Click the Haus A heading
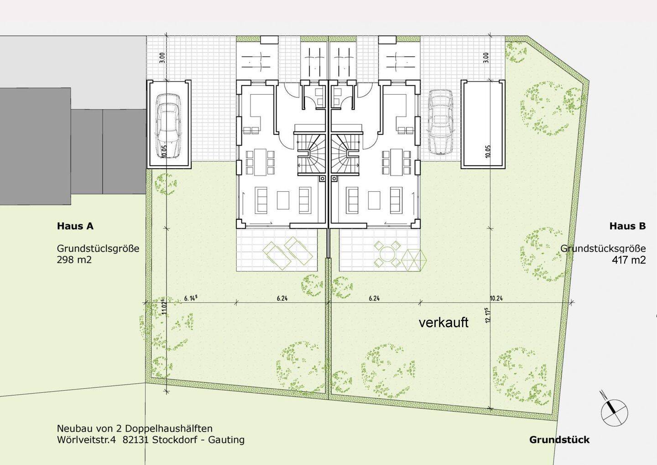pyautogui.click(x=75, y=226)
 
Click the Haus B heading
pyautogui.click(x=627, y=226)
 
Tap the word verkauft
pyautogui.click(x=443, y=322)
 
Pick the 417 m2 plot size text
pyautogui.click(x=629, y=260)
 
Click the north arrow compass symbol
pyautogui.click(x=614, y=410)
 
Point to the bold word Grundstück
pyautogui.click(x=559, y=439)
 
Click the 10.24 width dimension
pyautogui.click(x=496, y=298)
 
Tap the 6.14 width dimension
pyautogui.click(x=190, y=298)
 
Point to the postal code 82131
pyautogui.click(x=136, y=440)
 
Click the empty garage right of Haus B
pyautogui.click(x=484, y=123)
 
